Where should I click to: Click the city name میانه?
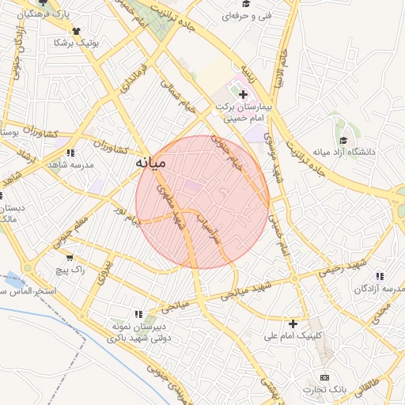click(x=148, y=163)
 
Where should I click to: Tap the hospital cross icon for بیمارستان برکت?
click(x=243, y=94)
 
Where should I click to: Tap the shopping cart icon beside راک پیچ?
click(x=70, y=257)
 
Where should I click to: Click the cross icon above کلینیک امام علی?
click(x=293, y=324)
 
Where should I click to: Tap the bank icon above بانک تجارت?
click(x=324, y=378)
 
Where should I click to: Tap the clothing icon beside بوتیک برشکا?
click(x=76, y=31)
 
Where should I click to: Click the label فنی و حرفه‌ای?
click(x=248, y=15)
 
